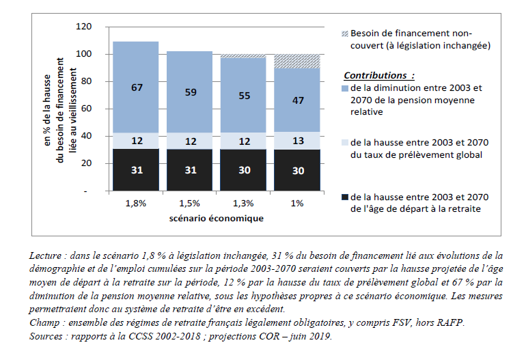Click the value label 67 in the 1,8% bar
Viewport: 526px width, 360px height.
coord(136,87)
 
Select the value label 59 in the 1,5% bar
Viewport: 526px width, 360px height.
coord(189,92)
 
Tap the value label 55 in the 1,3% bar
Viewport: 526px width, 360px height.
coord(243,96)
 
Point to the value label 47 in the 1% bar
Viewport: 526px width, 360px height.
coord(298,100)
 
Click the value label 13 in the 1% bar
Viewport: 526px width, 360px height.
coord(298,141)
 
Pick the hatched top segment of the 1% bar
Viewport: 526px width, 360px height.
coord(298,61)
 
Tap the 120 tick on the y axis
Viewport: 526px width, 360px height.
coord(85,27)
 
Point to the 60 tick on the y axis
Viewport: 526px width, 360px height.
coord(88,109)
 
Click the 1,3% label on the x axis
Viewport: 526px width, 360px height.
coord(243,203)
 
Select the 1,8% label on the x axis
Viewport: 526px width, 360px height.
coord(136,203)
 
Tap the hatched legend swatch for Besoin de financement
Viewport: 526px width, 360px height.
coord(344,33)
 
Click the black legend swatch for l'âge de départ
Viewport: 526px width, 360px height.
coord(344,197)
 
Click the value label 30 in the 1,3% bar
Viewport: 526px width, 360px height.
coord(243,170)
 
